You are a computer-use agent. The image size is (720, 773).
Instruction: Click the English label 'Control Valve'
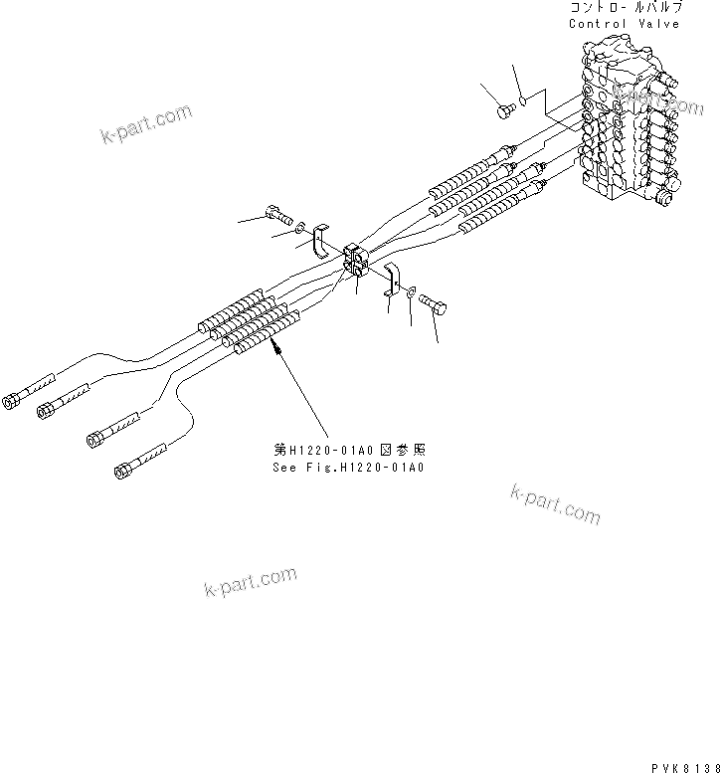click(x=625, y=23)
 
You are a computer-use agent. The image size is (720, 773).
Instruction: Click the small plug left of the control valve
click(x=505, y=111)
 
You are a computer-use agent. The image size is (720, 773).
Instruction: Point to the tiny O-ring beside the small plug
click(x=525, y=99)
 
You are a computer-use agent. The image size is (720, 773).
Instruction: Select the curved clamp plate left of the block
click(x=321, y=242)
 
